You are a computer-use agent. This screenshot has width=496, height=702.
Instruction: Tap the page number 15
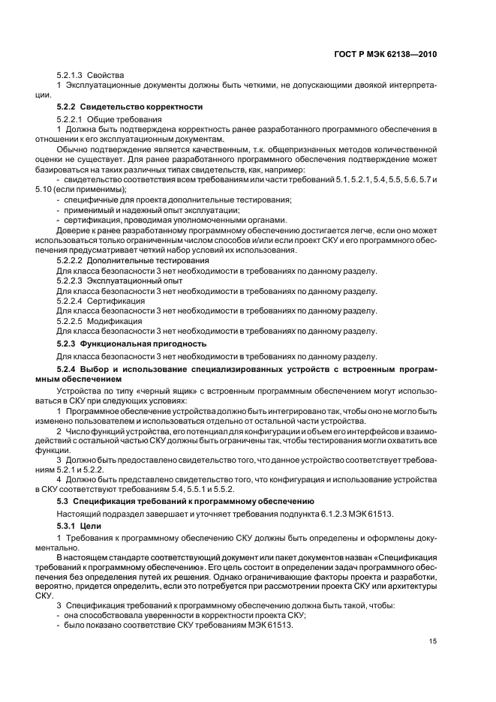pyautogui.click(x=432, y=640)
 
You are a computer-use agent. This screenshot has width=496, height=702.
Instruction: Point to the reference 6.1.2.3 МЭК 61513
pyautogui.click(x=350, y=513)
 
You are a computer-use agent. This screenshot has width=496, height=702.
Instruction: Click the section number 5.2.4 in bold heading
pyautogui.click(x=68, y=369)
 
